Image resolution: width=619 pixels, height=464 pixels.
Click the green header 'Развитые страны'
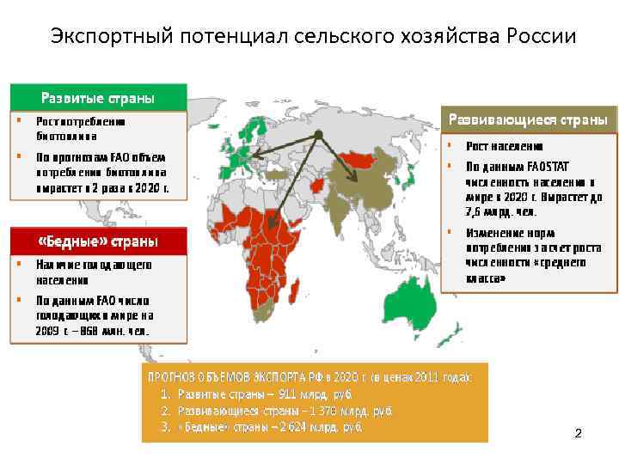click(x=98, y=98)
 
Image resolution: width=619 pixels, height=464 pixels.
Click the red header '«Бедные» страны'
click(x=98, y=241)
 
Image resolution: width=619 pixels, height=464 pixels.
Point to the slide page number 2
click(x=578, y=434)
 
